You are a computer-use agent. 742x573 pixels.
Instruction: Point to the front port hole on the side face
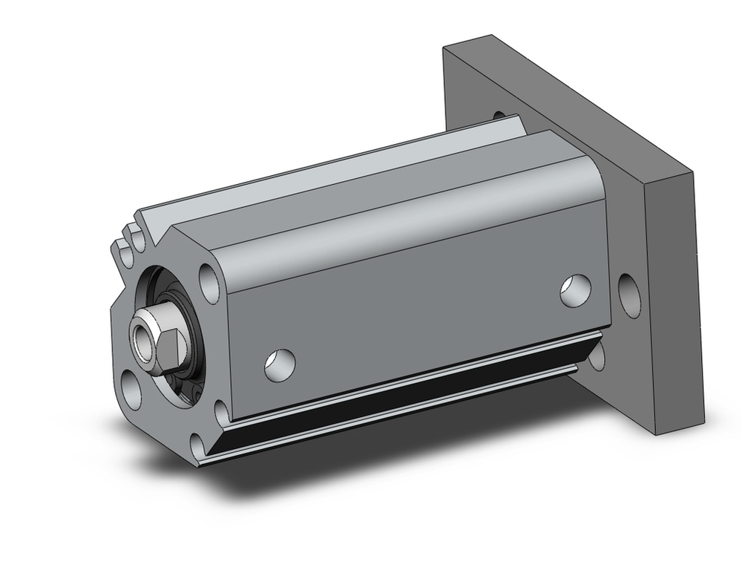(x=280, y=362)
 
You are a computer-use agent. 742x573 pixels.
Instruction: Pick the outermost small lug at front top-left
(x=119, y=248)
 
